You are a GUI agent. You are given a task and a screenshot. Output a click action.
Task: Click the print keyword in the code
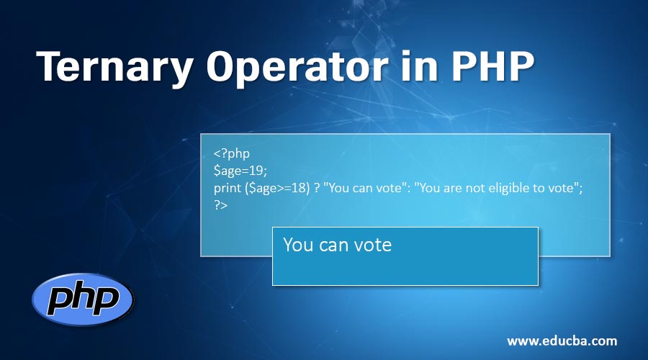pos(228,188)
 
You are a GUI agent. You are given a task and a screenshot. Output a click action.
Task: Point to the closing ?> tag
pos(220,205)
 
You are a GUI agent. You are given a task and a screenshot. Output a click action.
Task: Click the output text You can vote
pos(337,245)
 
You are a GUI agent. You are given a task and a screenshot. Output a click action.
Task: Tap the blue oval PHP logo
pos(83,298)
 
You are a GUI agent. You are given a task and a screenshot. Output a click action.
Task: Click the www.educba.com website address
pos(562,341)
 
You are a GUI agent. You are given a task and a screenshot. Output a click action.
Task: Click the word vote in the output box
pos(373,245)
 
